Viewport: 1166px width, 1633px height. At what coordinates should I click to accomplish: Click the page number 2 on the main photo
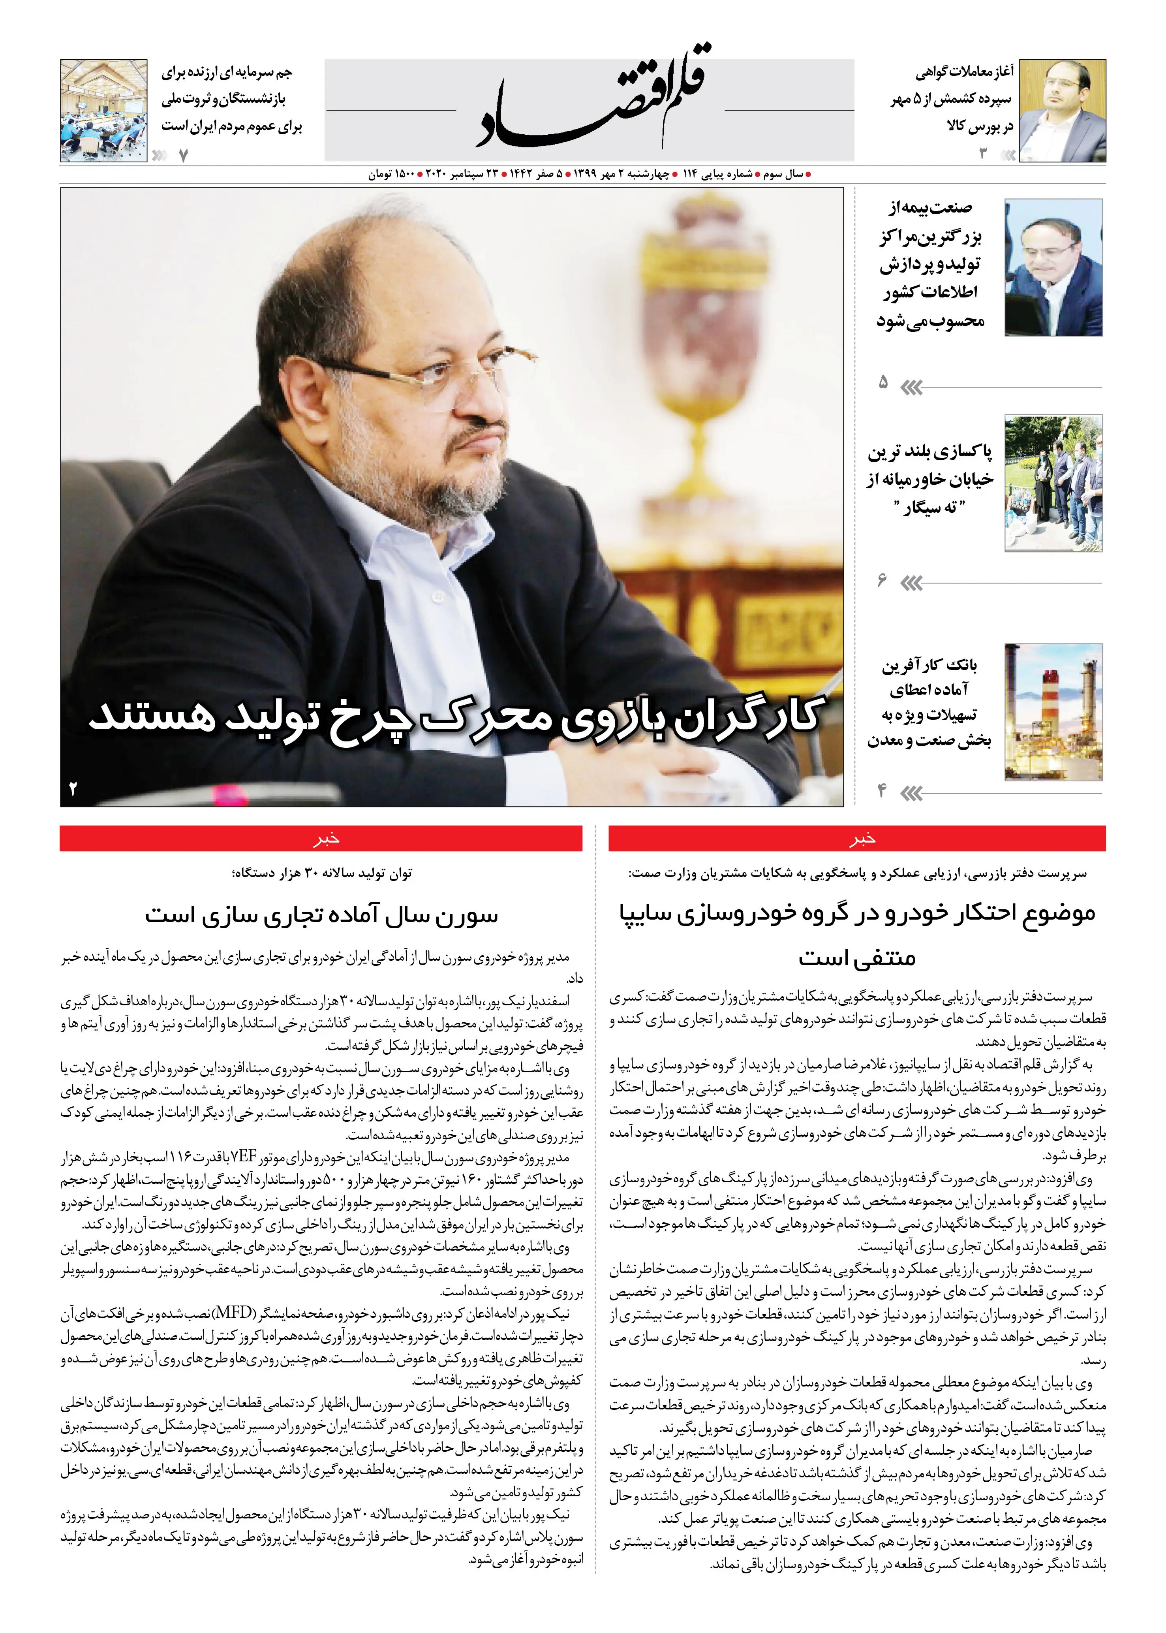(73, 788)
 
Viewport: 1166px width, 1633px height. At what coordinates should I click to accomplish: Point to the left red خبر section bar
(321, 838)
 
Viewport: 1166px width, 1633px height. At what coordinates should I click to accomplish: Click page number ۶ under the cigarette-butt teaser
(882, 579)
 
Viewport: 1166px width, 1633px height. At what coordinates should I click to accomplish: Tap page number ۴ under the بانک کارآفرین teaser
(882, 791)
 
